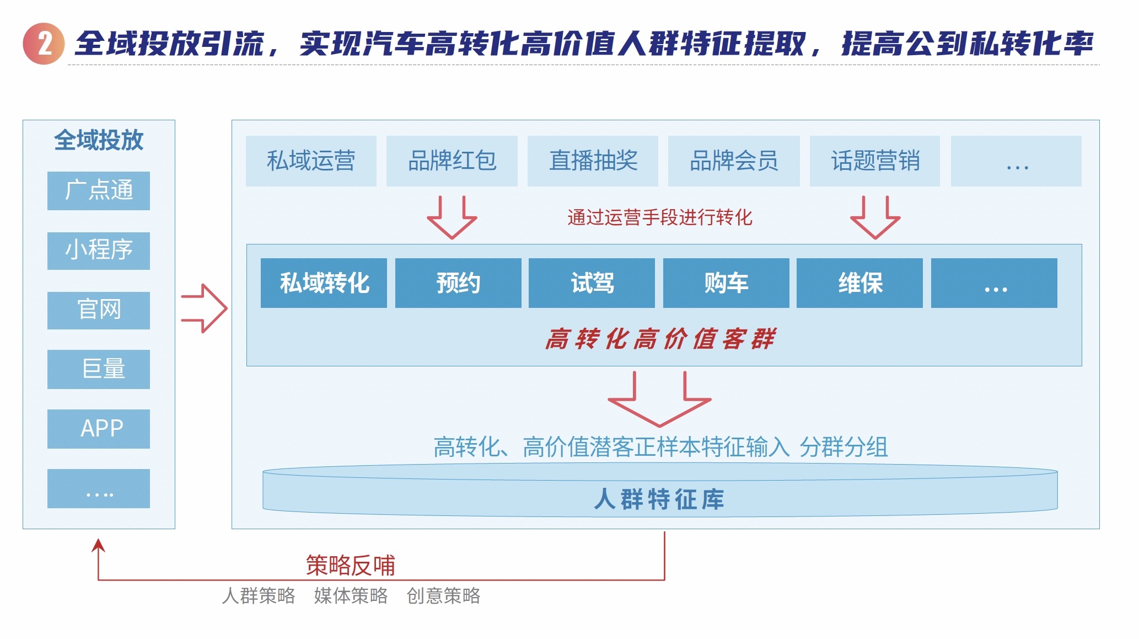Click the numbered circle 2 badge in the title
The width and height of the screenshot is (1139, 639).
(44, 44)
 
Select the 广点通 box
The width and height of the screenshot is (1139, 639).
(99, 190)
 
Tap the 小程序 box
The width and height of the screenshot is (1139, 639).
(99, 251)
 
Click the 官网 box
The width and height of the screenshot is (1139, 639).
(99, 310)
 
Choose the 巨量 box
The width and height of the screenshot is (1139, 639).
(99, 369)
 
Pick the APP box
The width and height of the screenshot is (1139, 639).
(99, 429)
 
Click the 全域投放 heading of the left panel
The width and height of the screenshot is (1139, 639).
(99, 140)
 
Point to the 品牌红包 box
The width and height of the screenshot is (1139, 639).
(452, 161)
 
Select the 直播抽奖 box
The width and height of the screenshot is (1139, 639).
(593, 161)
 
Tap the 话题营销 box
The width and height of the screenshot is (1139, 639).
(875, 161)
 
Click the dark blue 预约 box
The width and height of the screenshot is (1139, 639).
(458, 283)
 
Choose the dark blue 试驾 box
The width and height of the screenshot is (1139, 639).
(592, 283)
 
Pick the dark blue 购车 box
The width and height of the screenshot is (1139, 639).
(726, 283)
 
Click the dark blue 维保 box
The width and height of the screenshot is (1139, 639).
(859, 283)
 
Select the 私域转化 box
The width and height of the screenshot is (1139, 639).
(324, 283)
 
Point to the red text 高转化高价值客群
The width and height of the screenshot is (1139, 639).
(660, 339)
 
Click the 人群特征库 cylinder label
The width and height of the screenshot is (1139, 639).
(659, 499)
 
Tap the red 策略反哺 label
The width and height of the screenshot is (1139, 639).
(351, 565)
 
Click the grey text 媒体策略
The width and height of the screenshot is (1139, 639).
(351, 596)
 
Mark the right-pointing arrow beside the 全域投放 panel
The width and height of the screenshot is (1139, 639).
(205, 308)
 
